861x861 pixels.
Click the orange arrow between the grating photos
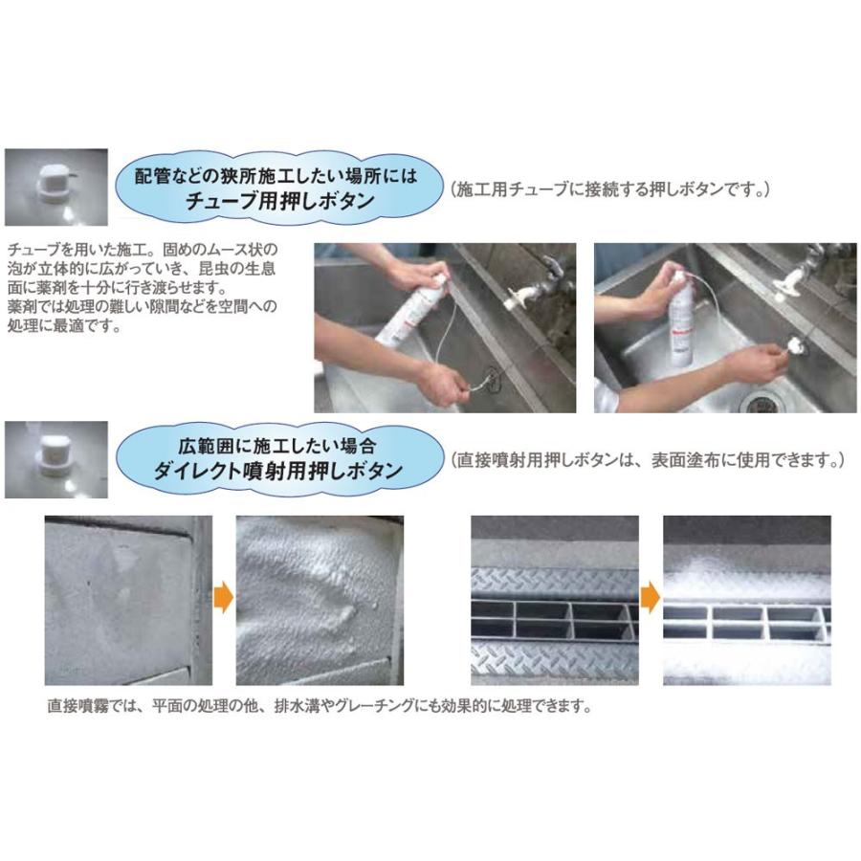pyautogui.click(x=650, y=600)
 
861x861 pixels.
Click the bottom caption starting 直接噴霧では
pyautogui.click(x=320, y=709)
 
